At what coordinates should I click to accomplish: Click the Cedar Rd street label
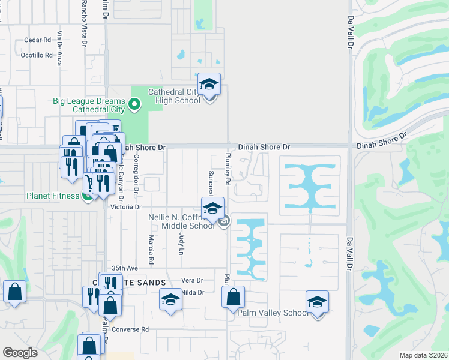(37, 40)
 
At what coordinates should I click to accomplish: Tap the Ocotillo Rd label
(37, 55)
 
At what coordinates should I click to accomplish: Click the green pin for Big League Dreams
(134, 106)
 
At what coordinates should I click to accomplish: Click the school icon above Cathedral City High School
(209, 85)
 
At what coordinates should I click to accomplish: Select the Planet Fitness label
(52, 196)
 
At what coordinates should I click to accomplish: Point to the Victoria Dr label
(125, 206)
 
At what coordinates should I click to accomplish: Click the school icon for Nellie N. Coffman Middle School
(212, 209)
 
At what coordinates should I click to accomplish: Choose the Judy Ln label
(180, 244)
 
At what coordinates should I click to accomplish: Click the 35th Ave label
(125, 268)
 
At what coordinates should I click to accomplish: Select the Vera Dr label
(193, 280)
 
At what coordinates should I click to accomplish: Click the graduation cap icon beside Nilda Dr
(170, 300)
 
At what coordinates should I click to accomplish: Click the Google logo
(20, 353)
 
